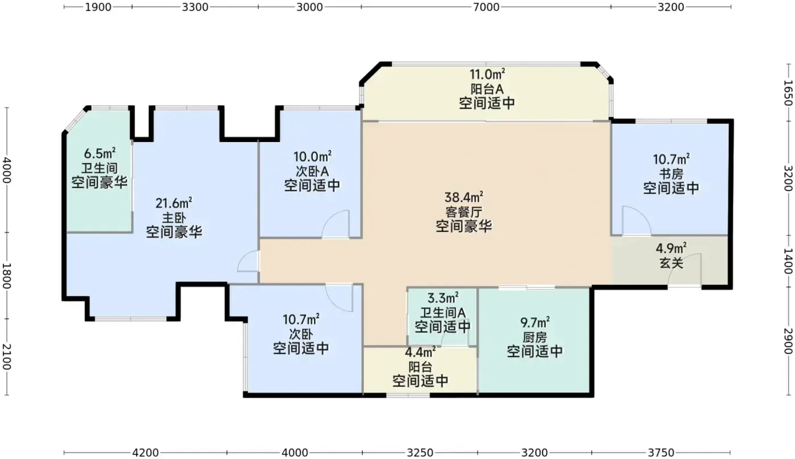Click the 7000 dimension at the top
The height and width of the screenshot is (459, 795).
[x=486, y=7]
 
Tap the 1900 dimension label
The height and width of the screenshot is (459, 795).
[x=98, y=7]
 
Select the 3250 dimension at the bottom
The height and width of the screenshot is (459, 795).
[x=420, y=453]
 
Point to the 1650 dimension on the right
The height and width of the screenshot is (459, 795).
[x=788, y=93]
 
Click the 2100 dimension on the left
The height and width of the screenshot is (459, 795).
[x=7, y=357]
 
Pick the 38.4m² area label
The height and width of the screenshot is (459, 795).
[x=463, y=197]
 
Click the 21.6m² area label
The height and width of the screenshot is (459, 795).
[x=174, y=203]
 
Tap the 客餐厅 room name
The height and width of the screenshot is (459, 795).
[x=463, y=212]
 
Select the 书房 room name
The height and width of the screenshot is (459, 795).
[x=671, y=174]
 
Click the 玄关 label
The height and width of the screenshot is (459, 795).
[x=671, y=263]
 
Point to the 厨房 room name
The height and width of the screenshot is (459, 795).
[x=535, y=337]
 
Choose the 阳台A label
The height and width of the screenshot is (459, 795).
[x=487, y=89]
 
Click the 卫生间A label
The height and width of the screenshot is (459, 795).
[x=442, y=313]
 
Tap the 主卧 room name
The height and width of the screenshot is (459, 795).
[x=174, y=218]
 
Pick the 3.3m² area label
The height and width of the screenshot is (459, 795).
[x=442, y=298]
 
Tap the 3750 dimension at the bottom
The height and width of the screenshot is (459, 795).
[x=661, y=453]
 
